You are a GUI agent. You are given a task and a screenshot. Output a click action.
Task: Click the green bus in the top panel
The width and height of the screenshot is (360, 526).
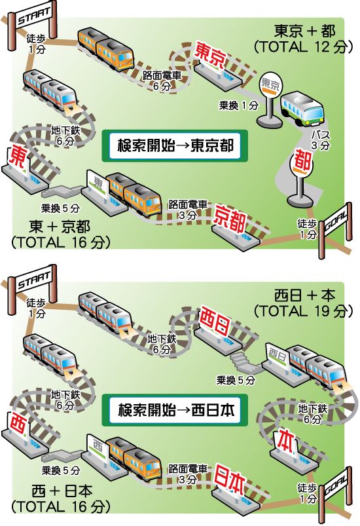[302, 108]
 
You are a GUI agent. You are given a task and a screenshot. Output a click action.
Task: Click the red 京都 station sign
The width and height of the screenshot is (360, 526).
[230, 218]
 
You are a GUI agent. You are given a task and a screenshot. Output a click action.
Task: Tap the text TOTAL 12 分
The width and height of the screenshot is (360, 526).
[303, 47]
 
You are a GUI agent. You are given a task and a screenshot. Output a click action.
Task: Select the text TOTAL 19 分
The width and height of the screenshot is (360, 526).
[303, 311]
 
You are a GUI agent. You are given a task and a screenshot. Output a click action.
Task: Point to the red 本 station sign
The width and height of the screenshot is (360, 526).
[286, 440]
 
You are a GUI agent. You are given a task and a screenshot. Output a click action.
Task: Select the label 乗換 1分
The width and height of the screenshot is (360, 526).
[239, 106]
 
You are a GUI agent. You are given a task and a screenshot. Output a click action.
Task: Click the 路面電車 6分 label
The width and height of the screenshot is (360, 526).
[162, 81]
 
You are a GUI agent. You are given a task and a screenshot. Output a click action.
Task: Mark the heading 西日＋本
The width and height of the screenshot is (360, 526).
[304, 295]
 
